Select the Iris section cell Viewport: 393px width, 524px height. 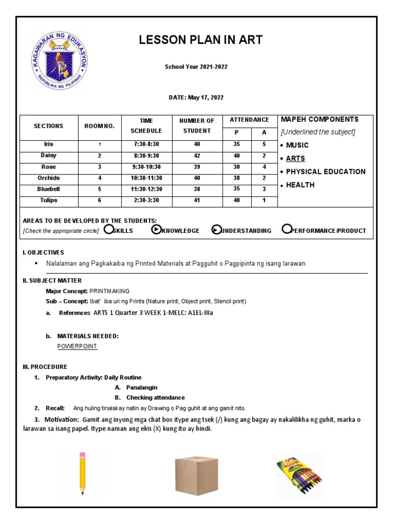click(49, 144)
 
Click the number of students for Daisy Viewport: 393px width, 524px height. click(196, 156)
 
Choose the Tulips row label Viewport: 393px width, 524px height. click(49, 200)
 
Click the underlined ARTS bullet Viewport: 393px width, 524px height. click(295, 159)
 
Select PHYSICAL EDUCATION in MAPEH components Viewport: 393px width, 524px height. click(325, 172)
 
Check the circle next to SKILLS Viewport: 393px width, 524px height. click(108, 229)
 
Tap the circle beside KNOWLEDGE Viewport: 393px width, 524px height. click(156, 229)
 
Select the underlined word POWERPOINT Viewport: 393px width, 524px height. click(77, 346)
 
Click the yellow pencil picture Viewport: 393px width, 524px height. click(82, 473)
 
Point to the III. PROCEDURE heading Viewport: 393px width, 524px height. click(45, 367)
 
